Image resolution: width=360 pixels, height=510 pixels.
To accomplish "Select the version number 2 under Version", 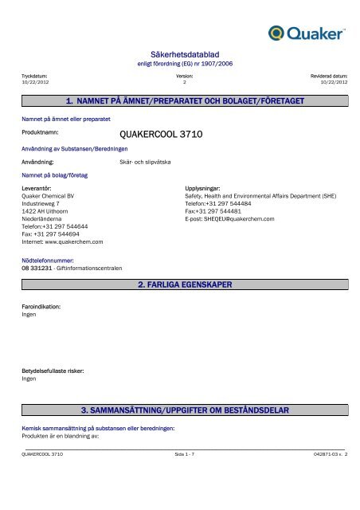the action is click(x=184, y=81).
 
